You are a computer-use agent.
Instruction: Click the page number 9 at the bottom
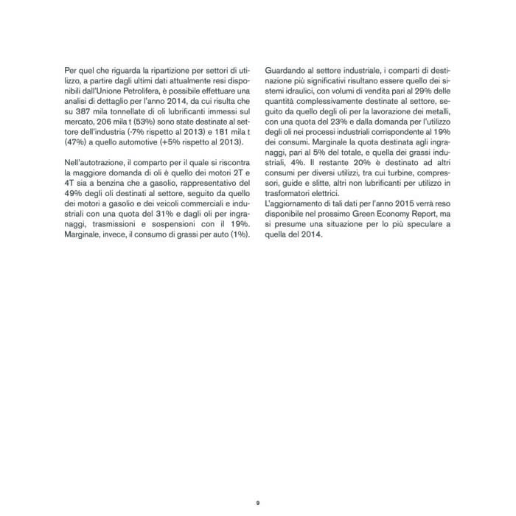[258, 503]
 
